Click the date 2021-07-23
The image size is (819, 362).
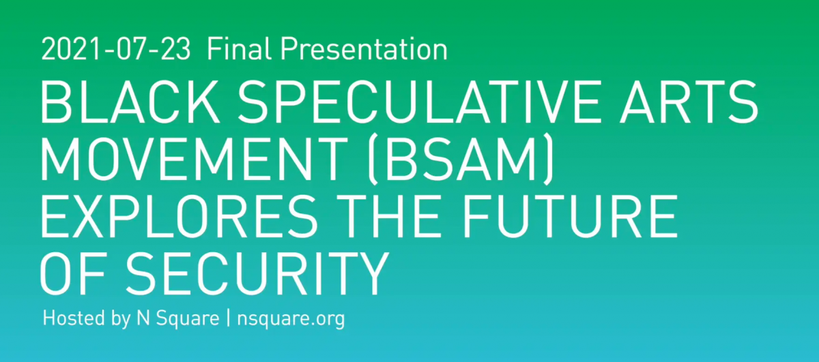[116, 49]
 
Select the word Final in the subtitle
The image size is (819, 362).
[239, 48]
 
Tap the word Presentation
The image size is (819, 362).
[364, 48]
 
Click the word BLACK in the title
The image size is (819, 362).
[130, 102]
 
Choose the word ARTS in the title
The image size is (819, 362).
[689, 102]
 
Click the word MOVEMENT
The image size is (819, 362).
[194, 160]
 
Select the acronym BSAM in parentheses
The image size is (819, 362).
[461, 160]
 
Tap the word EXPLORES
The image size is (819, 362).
[179, 216]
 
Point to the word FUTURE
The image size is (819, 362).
[570, 216]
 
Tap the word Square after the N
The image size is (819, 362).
[188, 319]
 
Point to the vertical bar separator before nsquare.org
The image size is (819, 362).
[229, 318]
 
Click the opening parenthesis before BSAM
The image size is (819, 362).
[373, 160]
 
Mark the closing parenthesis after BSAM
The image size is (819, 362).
[549, 160]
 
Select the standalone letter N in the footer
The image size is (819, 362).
[143, 318]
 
